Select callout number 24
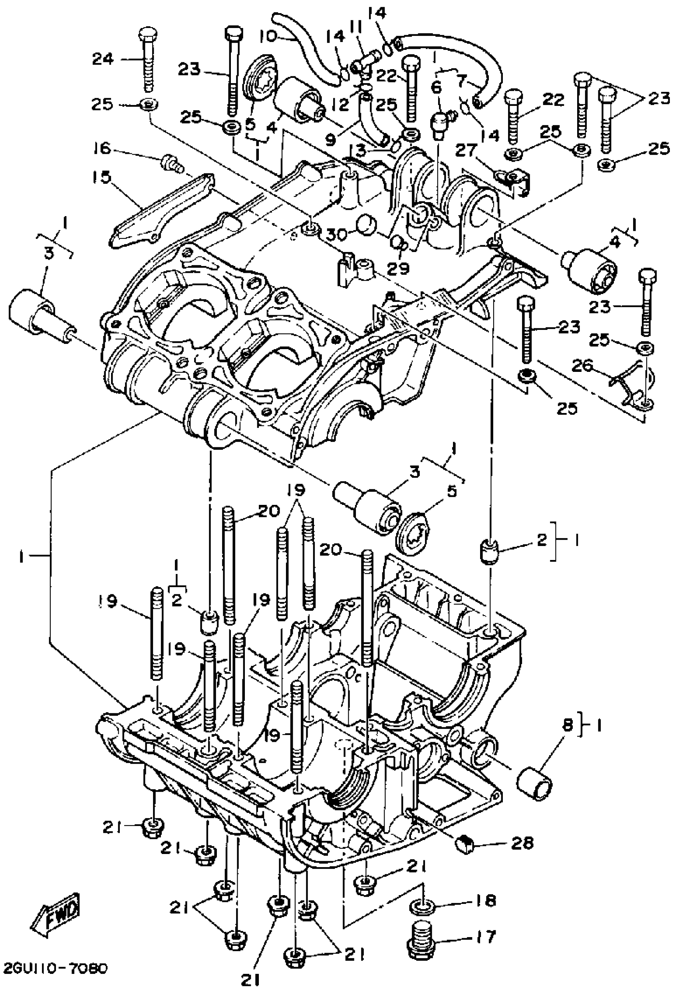click(103, 59)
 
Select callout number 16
click(102, 149)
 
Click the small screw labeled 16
click(171, 163)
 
